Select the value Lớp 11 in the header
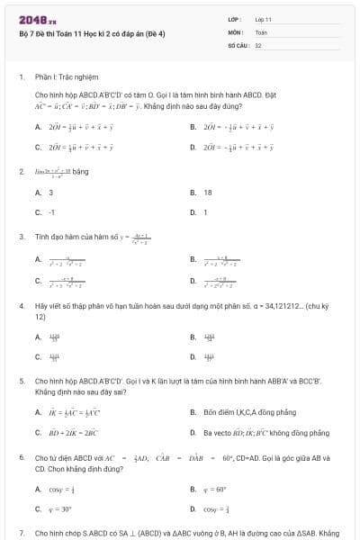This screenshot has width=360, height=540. tap(263, 19)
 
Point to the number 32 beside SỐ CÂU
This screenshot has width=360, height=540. tap(258, 44)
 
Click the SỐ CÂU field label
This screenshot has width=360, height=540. tap(238, 44)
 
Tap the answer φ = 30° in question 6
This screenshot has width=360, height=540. tap(59, 508)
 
